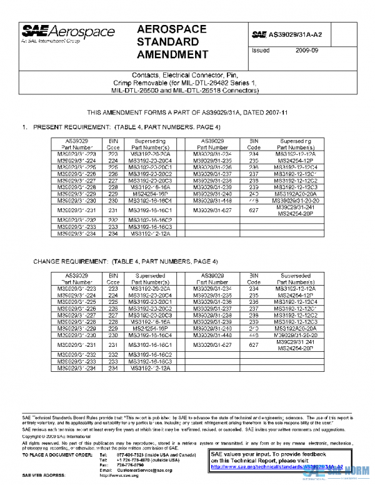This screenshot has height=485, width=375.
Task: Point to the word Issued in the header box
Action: [261, 50]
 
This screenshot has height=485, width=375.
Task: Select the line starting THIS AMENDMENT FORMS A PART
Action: [187, 113]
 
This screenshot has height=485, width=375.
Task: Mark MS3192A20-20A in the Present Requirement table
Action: [296, 194]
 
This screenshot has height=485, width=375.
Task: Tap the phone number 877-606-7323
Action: [127, 454]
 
